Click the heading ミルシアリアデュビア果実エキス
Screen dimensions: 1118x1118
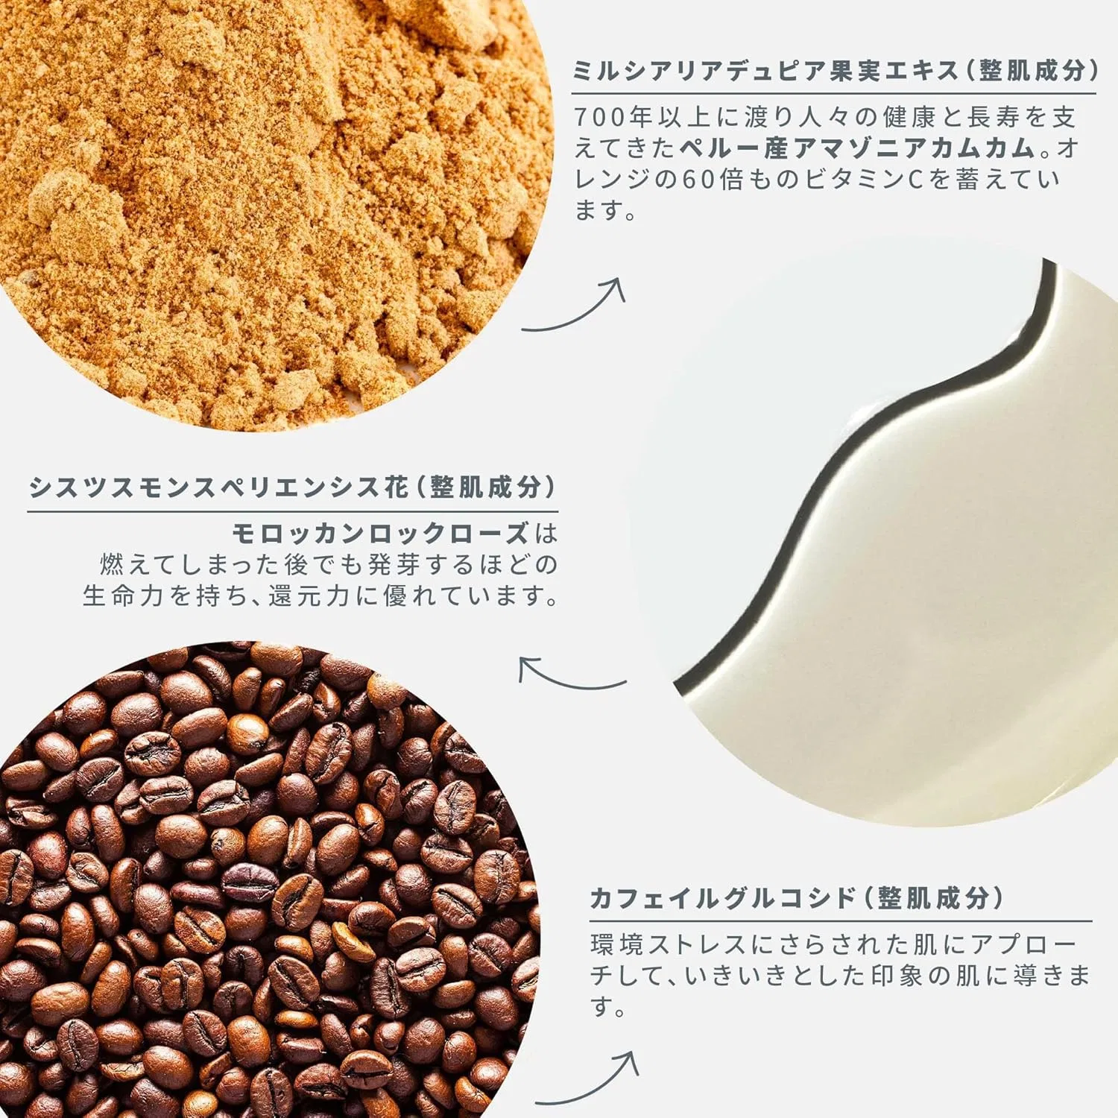[x=765, y=70]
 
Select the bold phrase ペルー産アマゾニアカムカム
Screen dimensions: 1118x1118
[x=858, y=148]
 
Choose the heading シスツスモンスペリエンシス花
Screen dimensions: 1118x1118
[x=219, y=487]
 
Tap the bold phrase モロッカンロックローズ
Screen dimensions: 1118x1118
[x=381, y=534]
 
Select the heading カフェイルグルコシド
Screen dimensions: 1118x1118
[x=723, y=898]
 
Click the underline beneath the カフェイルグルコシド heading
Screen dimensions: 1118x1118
[x=841, y=921]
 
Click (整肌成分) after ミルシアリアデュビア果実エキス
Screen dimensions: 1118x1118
[x=1032, y=70]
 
